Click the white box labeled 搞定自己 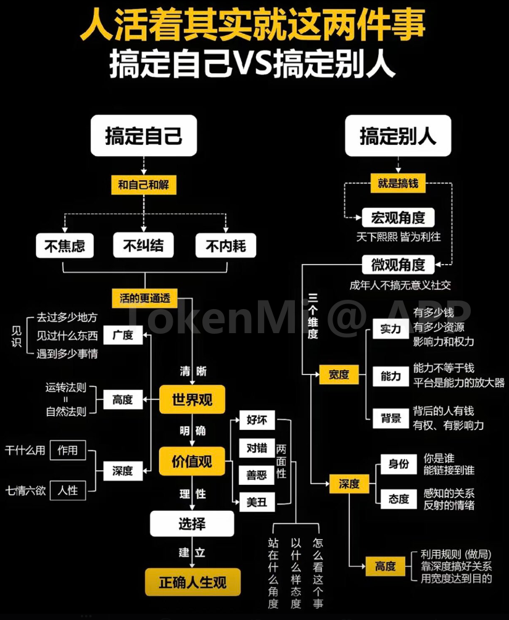[x=144, y=135]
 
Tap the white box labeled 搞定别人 [x=398, y=135]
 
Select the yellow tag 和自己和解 [x=144, y=184]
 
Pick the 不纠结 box [x=143, y=246]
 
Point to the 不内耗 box [x=225, y=247]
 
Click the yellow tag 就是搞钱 [x=398, y=183]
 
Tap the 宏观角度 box [x=398, y=218]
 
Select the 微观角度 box [x=398, y=265]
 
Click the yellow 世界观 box [x=192, y=399]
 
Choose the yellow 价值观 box [x=192, y=461]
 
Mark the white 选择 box [x=192, y=524]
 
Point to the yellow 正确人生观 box [x=192, y=582]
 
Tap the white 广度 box [x=122, y=336]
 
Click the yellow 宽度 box [x=339, y=374]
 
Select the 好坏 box [x=257, y=420]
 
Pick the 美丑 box [x=257, y=502]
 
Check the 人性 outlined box [x=68, y=491]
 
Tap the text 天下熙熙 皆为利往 [x=398, y=236]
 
